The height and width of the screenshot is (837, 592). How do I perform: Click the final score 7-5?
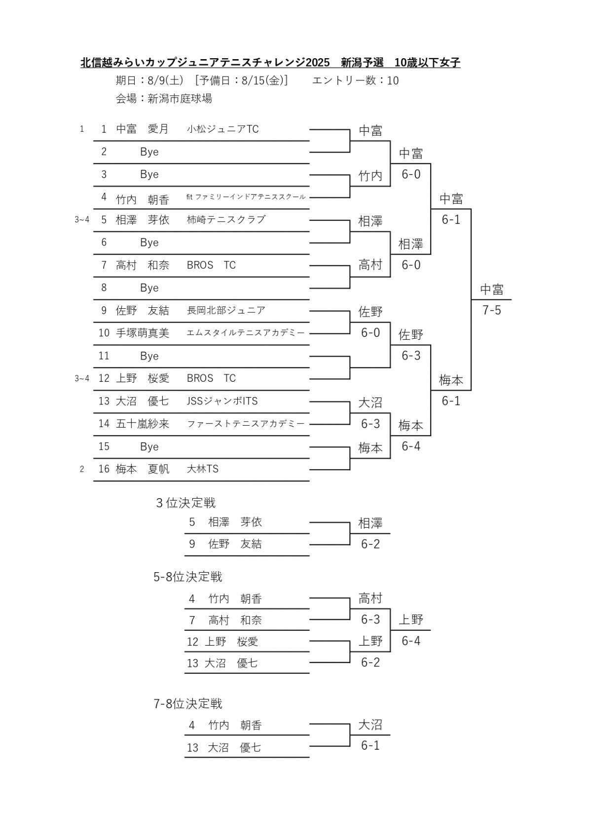tap(491, 310)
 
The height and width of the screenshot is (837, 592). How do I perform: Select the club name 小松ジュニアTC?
tap(223, 129)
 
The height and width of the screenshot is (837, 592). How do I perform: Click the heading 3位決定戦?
tap(186, 503)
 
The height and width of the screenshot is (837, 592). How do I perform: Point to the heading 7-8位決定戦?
tap(187, 704)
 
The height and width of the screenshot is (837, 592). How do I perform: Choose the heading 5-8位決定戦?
tap(187, 577)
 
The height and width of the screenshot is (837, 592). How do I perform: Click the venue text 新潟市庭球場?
tap(180, 98)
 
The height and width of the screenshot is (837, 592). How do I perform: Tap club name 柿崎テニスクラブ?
tap(226, 219)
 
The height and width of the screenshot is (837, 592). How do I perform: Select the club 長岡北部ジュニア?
tap(226, 310)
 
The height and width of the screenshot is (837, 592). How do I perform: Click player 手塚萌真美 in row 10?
tap(143, 332)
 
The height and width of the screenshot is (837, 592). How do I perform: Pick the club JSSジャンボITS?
tap(222, 401)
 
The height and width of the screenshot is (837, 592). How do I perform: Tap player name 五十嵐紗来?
tap(143, 423)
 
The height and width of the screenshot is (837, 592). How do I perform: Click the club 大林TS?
tap(203, 469)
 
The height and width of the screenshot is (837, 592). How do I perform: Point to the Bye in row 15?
tap(149, 446)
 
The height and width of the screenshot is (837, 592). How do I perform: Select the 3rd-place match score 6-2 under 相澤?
tap(370, 544)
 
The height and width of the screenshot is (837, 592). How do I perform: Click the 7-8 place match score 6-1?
tap(370, 745)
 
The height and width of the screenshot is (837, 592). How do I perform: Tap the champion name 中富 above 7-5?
tap(491, 289)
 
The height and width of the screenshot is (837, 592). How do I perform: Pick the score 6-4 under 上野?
tap(411, 641)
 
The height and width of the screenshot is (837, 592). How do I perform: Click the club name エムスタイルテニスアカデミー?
tap(246, 332)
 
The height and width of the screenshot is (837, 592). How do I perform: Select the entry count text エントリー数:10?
tap(355, 80)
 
